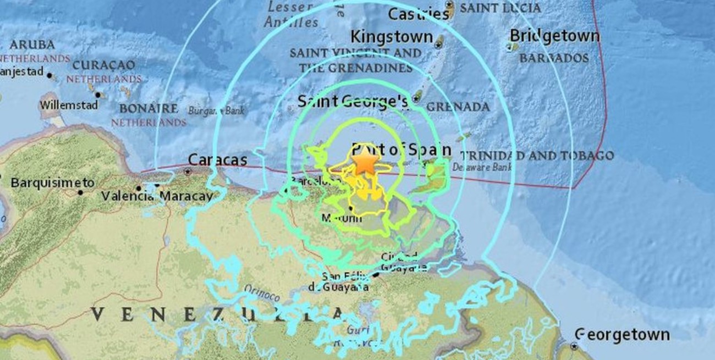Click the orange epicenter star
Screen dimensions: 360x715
click(365, 162)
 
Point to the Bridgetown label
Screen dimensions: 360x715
click(554, 36)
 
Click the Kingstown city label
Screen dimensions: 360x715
click(392, 37)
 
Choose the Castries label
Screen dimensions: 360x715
click(419, 14)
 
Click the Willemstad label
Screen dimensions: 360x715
click(69, 105)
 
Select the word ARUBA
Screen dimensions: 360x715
click(32, 45)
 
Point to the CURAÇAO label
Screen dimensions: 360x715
click(103, 65)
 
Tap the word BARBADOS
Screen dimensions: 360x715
click(554, 58)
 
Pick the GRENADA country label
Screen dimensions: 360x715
click(458, 107)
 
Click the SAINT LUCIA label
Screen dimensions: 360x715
click(500, 8)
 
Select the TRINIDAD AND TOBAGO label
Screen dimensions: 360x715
click(536, 156)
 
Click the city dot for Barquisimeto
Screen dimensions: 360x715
click(80, 192)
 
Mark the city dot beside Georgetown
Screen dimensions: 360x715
click(574, 346)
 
